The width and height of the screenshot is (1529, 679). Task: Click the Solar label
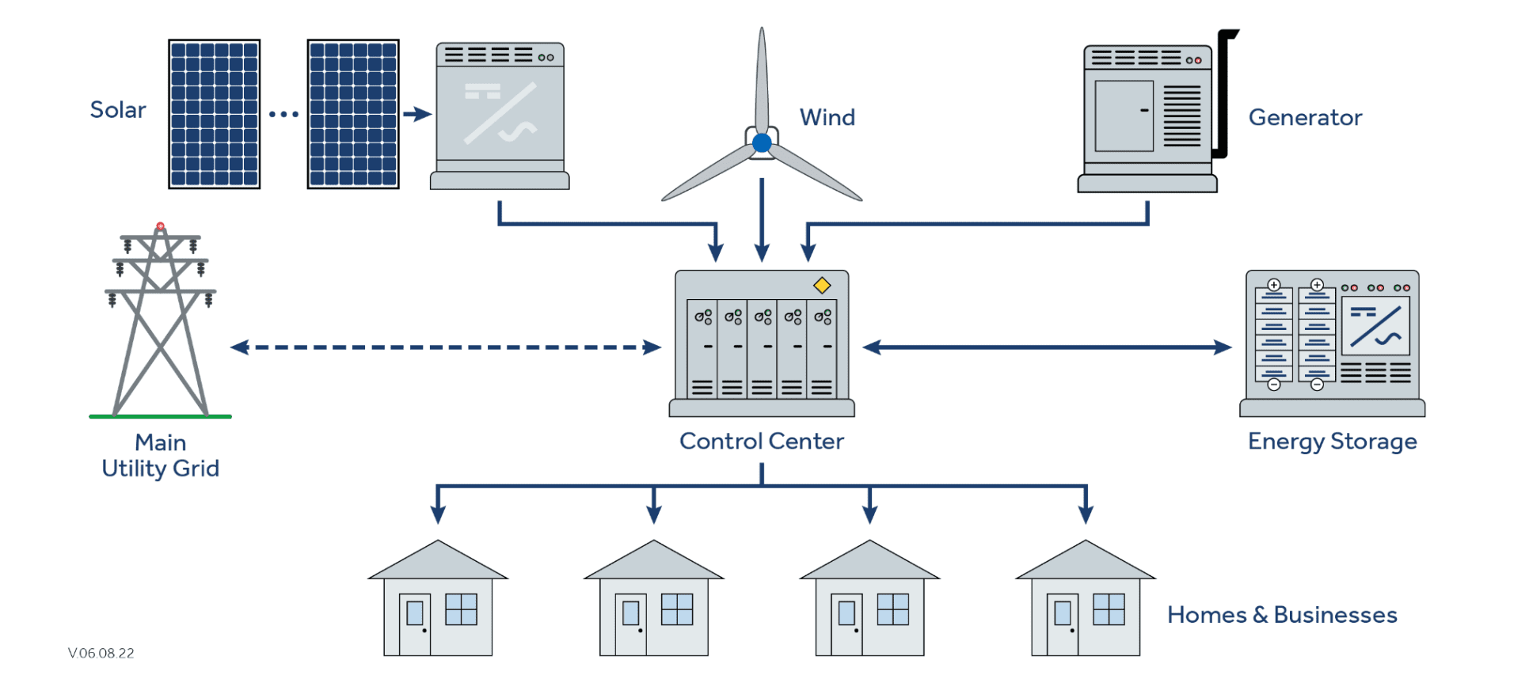pyautogui.click(x=118, y=109)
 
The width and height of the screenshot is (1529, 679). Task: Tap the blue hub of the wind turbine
pyautogui.click(x=762, y=142)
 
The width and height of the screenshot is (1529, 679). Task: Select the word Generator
pyautogui.click(x=1305, y=117)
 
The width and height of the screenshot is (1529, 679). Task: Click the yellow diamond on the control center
pyautogui.click(x=822, y=285)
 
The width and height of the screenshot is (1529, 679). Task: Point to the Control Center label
pyautogui.click(x=762, y=441)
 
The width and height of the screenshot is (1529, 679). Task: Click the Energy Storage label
pyautogui.click(x=1333, y=442)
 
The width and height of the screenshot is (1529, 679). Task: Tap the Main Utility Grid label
pyautogui.click(x=161, y=455)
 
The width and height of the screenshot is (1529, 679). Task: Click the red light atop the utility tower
pyautogui.click(x=161, y=226)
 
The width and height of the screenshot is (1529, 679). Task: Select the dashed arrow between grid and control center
pyautogui.click(x=446, y=347)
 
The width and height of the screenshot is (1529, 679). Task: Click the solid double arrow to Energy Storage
pyautogui.click(x=1047, y=347)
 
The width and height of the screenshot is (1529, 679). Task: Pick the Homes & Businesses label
pyautogui.click(x=1282, y=615)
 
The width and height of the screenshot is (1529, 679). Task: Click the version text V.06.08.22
pyautogui.click(x=101, y=653)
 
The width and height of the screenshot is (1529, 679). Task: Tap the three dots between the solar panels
pyautogui.click(x=283, y=114)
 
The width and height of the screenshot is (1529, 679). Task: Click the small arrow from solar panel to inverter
pyautogui.click(x=417, y=114)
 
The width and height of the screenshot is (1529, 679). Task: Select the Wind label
pyautogui.click(x=827, y=117)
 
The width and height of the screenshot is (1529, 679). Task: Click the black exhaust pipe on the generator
pyautogui.click(x=1223, y=93)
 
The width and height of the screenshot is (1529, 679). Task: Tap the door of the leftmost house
pyautogui.click(x=415, y=624)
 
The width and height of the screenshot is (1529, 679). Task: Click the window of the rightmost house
pyautogui.click(x=1109, y=609)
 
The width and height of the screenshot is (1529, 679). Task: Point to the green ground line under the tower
pyautogui.click(x=160, y=416)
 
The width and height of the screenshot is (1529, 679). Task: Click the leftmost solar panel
pyautogui.click(x=215, y=114)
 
